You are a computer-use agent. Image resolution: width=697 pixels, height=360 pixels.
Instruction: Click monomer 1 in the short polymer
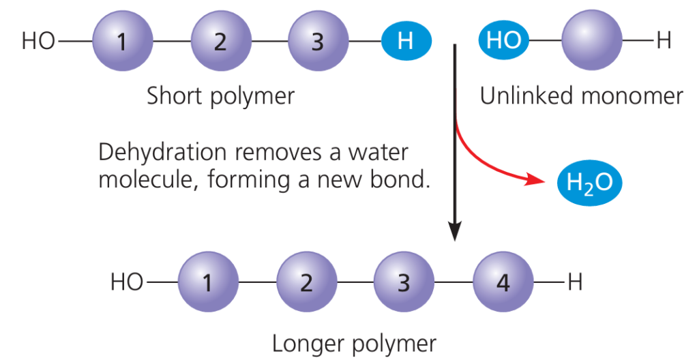(x=122, y=41)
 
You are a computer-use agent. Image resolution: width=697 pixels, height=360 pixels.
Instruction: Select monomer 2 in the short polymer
(x=220, y=41)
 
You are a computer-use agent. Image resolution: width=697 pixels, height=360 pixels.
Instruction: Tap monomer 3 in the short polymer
(x=317, y=41)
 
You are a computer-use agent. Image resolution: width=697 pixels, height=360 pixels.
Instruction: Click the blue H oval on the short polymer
(x=405, y=41)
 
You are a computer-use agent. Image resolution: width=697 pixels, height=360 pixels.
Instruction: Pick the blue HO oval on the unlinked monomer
(x=504, y=41)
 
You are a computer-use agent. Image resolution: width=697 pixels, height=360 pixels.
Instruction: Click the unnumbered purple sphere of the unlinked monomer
(x=591, y=41)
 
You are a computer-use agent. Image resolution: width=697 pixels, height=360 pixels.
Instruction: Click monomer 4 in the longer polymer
(x=503, y=282)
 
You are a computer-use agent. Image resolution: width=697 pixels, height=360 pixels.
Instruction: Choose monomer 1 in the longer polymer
(x=208, y=282)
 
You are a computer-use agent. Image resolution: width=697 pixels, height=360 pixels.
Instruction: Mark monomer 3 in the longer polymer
(x=404, y=282)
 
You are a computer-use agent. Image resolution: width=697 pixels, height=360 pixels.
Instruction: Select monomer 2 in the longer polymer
(x=306, y=282)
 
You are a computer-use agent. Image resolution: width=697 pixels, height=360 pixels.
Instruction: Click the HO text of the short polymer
(x=38, y=42)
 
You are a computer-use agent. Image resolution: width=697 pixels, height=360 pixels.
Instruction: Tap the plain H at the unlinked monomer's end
(x=664, y=41)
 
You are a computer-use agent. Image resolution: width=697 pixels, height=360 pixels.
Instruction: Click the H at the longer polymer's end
(x=575, y=282)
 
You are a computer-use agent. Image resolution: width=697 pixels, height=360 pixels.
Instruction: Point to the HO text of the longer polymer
(x=127, y=282)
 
